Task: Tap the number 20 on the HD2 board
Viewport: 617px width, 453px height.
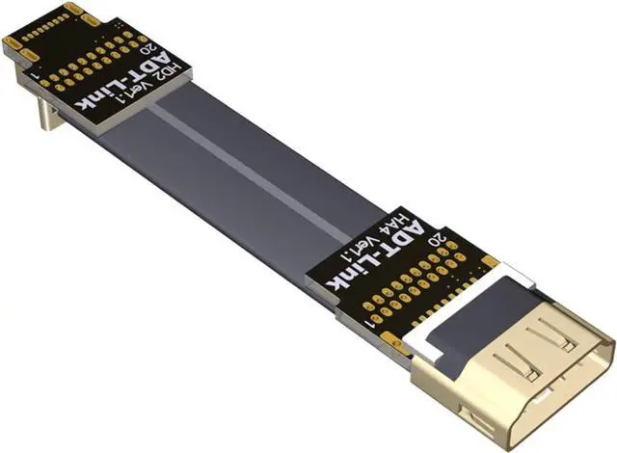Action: pos(151,50)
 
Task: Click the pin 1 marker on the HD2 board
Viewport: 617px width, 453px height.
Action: pos(36,75)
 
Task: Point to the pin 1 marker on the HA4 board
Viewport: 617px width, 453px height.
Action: pos(369,324)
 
